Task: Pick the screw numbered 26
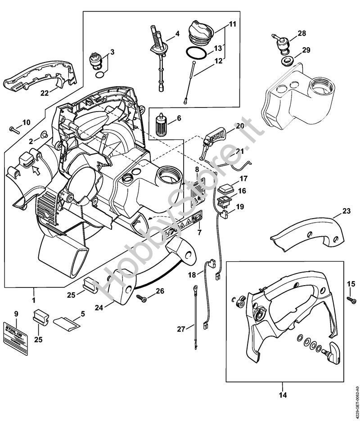point(141,298)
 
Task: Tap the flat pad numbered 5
point(67,322)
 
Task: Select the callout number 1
point(33,297)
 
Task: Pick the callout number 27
point(181,329)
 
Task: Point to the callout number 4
point(177,33)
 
